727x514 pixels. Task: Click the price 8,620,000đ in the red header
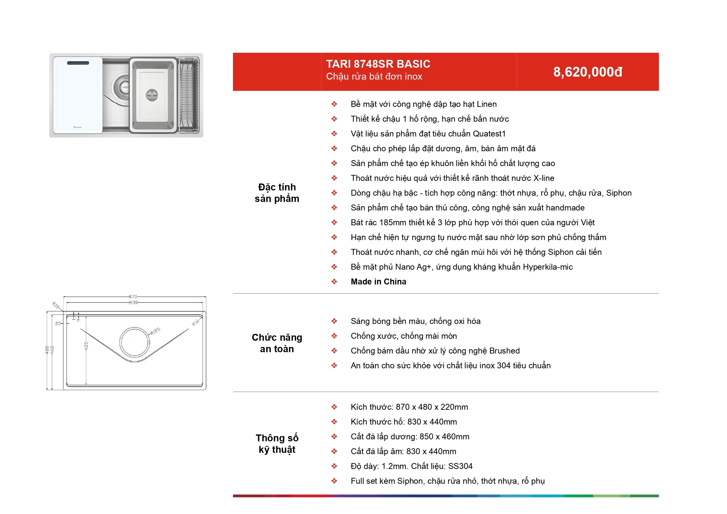coord(588,72)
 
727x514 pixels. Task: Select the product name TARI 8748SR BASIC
coord(378,64)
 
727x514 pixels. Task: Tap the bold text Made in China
coord(378,281)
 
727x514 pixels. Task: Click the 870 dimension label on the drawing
coord(133,297)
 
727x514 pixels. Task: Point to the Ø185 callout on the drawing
coord(155,330)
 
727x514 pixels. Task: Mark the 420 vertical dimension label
coord(86,346)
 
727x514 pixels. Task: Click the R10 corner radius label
coord(56,306)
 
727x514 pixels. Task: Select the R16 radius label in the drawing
coord(196,322)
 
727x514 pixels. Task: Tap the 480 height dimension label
coord(47,350)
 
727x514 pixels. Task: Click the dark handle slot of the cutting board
coord(78,63)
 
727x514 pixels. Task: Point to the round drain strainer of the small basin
coord(152,95)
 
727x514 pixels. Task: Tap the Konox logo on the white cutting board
coord(78,127)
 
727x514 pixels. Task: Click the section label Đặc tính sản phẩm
coord(277,193)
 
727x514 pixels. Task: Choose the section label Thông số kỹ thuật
coord(277,444)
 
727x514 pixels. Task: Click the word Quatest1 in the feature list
coord(489,134)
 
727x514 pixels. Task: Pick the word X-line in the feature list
coord(544,178)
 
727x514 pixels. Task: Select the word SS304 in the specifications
coord(460,466)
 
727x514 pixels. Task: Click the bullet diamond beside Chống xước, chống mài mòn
coord(334,336)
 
